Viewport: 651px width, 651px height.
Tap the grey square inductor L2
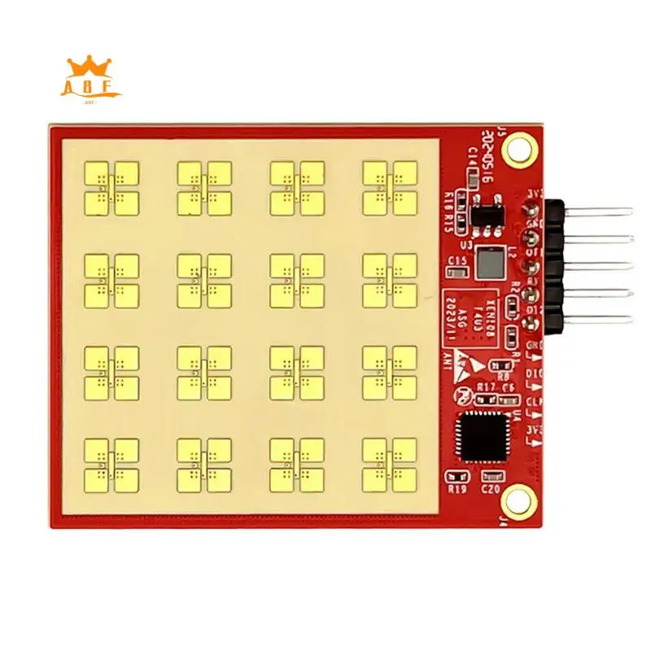click(x=489, y=261)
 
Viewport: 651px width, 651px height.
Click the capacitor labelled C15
click(x=458, y=270)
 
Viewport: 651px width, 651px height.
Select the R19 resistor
click(x=457, y=478)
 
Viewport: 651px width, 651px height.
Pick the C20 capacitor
click(x=491, y=478)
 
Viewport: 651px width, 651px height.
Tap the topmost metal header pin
click(x=598, y=212)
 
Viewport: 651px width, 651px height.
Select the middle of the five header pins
click(x=598, y=266)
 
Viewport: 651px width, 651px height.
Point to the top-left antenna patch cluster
click(x=111, y=187)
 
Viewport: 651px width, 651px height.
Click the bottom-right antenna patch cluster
click(x=389, y=465)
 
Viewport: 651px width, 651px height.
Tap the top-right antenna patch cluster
click(x=389, y=187)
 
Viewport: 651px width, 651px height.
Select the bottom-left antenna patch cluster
click(x=111, y=465)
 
